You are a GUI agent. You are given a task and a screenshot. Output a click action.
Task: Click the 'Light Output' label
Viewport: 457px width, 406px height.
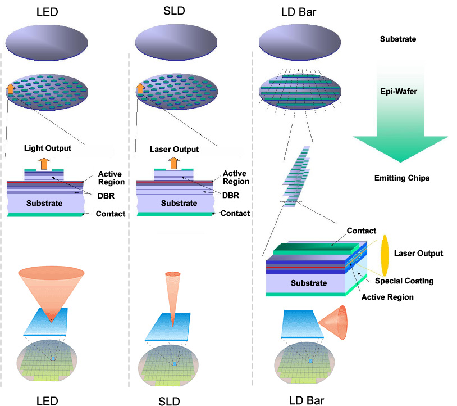pos(47,148)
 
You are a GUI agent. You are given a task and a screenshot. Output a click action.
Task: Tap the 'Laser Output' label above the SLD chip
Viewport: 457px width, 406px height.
pos(175,150)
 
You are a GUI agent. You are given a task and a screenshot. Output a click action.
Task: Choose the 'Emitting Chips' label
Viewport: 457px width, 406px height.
pos(401,178)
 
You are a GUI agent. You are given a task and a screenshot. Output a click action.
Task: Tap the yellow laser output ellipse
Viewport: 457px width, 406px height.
pos(385,253)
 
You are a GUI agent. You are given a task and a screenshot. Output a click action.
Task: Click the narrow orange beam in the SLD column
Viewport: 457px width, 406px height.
pos(173,295)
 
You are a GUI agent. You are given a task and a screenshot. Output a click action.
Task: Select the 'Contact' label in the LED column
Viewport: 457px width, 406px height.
pos(111,214)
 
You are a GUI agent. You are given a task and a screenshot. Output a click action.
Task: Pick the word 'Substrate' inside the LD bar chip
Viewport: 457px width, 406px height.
pos(308,283)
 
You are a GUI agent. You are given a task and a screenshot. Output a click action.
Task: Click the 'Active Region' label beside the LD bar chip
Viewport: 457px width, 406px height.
pos(387,296)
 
